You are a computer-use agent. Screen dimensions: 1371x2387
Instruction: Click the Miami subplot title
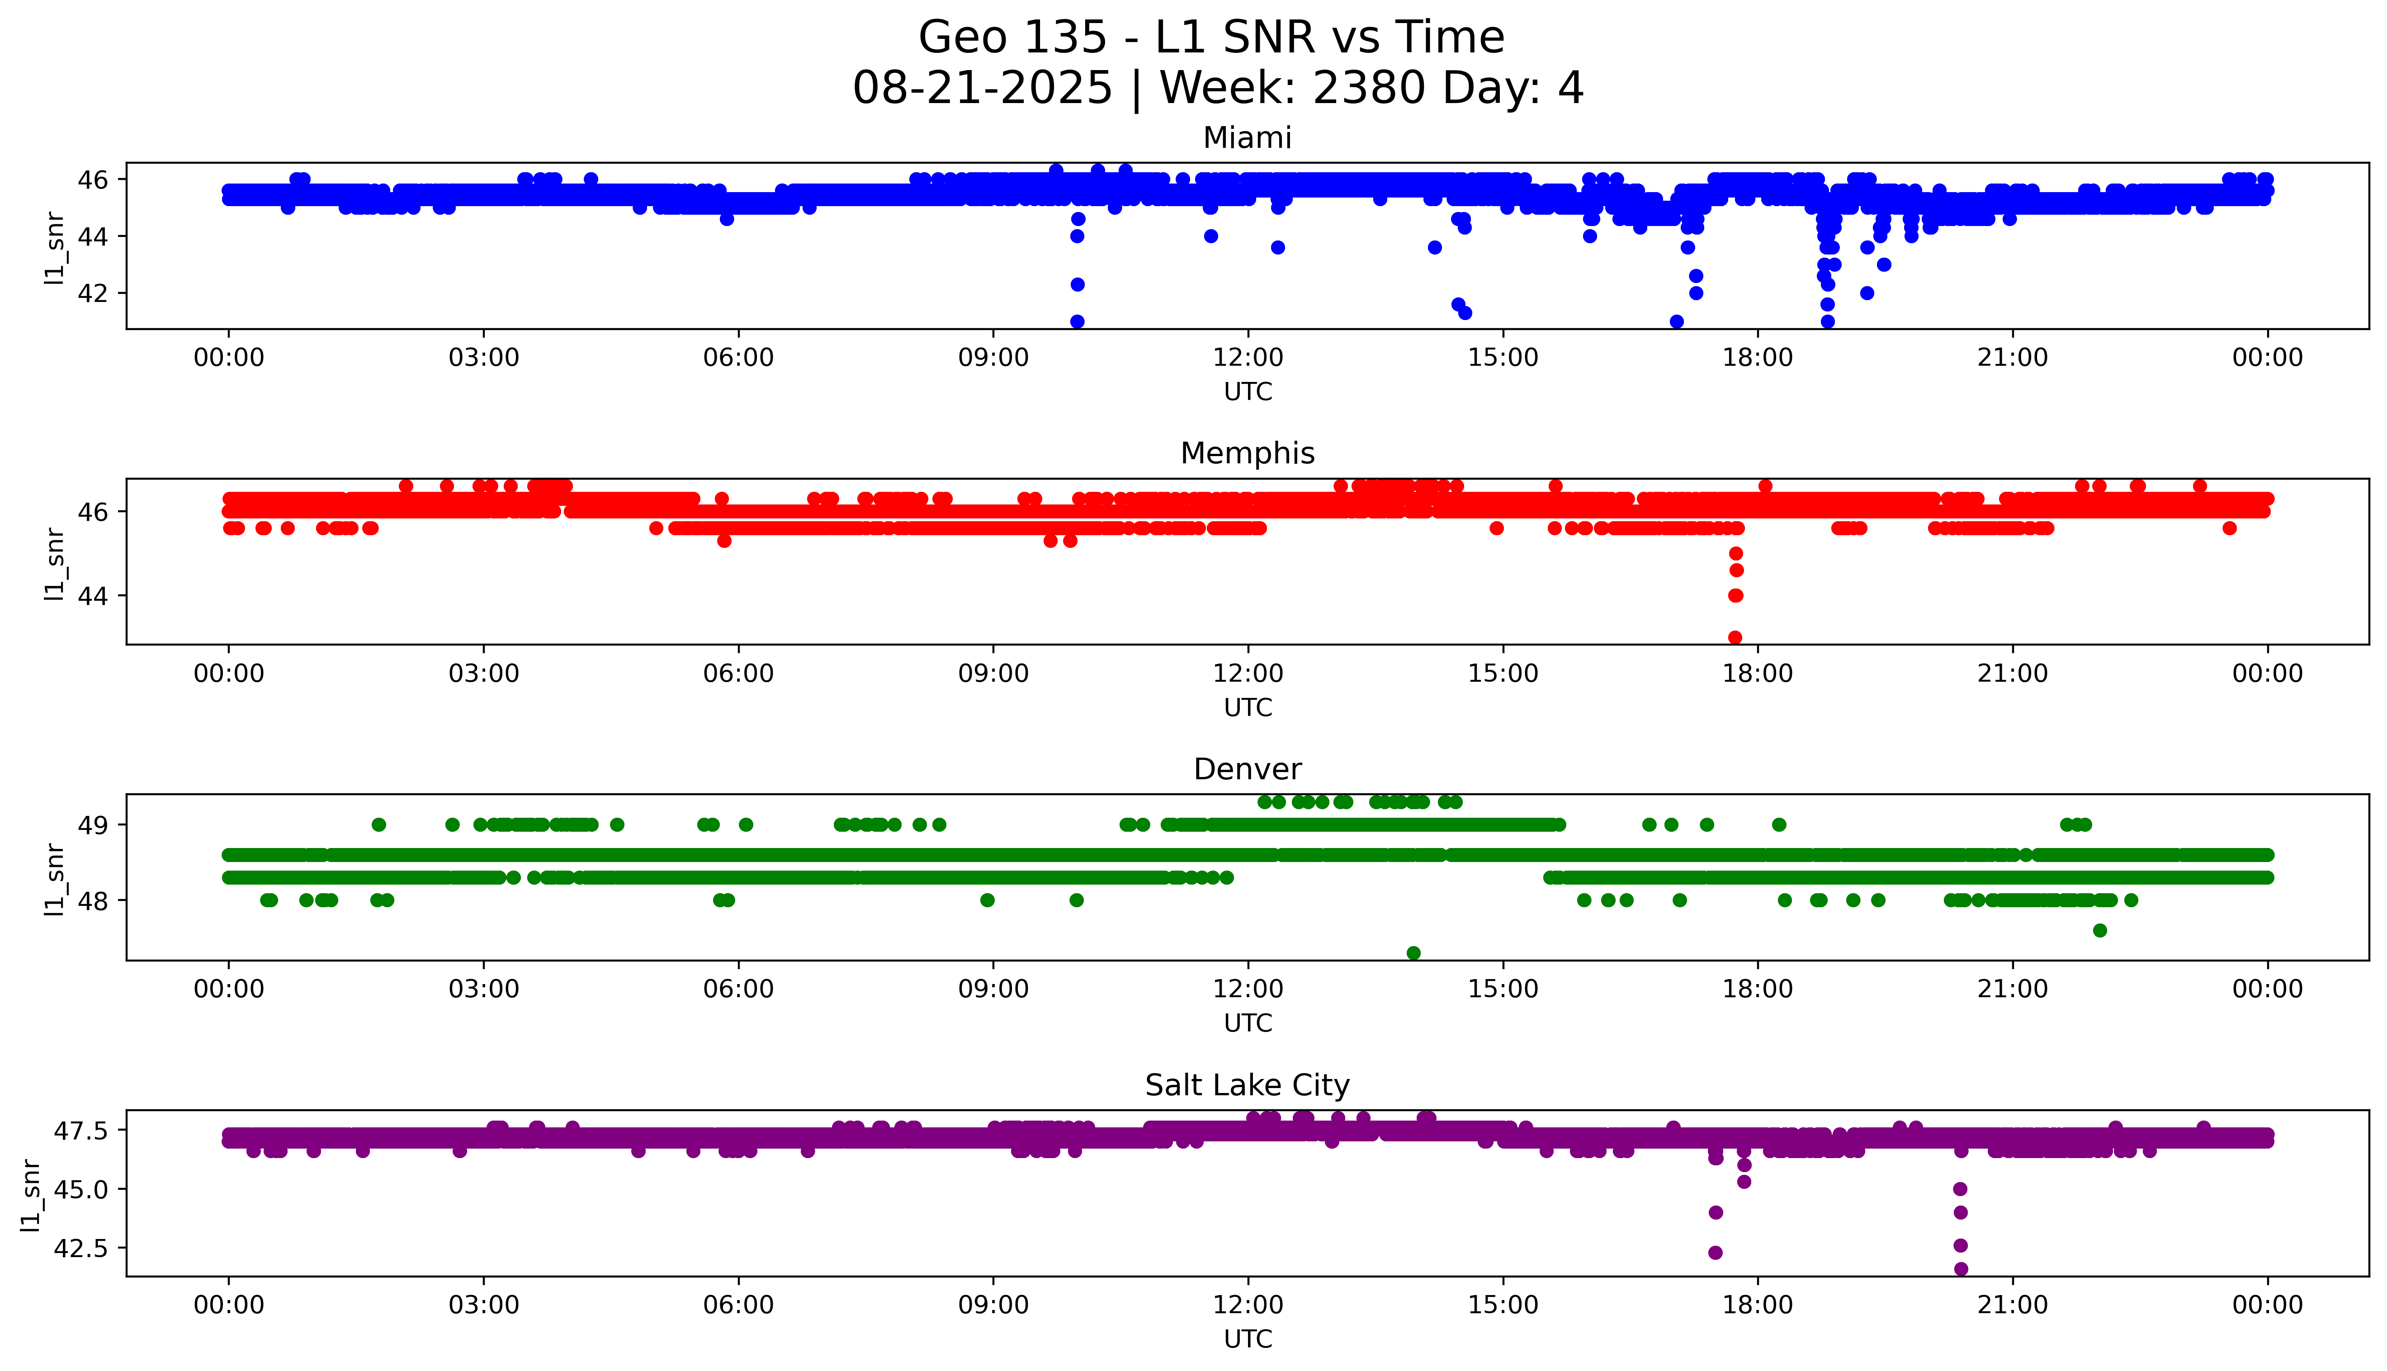[x=1247, y=138]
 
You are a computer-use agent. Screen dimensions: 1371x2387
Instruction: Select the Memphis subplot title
[x=1247, y=454]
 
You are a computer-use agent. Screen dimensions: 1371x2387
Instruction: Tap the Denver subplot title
[x=1247, y=769]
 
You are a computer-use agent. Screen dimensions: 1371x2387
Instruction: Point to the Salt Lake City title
[x=1247, y=1086]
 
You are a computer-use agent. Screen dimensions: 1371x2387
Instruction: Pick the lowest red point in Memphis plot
[x=1735, y=637]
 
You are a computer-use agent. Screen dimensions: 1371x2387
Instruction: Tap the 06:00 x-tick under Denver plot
[x=738, y=989]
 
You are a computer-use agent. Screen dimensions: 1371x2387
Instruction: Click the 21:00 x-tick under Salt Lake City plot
[x=2012, y=1305]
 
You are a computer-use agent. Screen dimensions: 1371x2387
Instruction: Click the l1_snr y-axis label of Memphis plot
[x=55, y=563]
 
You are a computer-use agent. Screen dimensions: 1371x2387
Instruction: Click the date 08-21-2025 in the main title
[x=982, y=89]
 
